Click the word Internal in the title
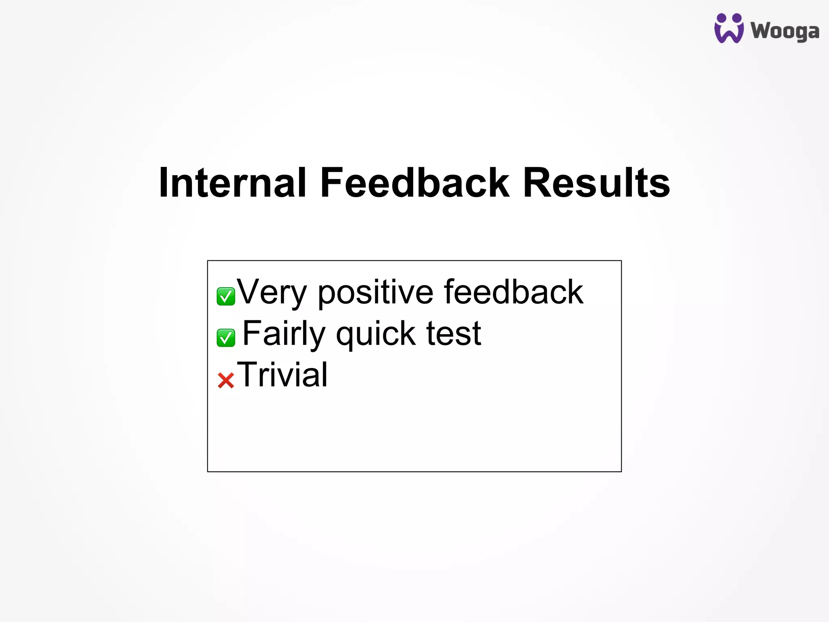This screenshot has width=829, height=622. tap(232, 183)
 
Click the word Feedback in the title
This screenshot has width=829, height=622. tap(414, 183)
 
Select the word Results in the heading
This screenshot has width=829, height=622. tap(596, 183)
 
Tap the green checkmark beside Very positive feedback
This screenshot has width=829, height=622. tap(226, 296)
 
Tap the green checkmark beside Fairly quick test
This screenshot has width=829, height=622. tap(226, 338)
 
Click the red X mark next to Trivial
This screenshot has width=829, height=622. tap(226, 380)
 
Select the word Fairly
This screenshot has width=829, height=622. tap(284, 334)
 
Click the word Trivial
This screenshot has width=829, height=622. tap(282, 375)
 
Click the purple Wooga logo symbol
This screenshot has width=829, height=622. tap(729, 28)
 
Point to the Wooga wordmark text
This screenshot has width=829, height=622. tap(785, 31)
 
